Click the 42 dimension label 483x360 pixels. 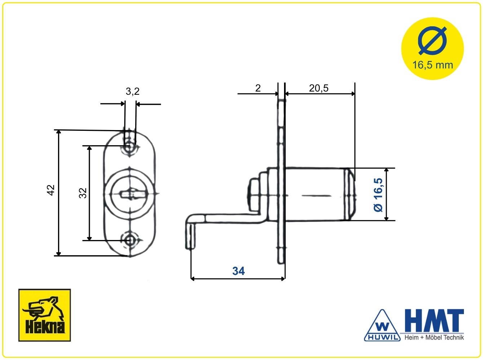point(51,190)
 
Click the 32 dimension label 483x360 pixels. point(83,193)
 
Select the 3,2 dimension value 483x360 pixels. point(133,91)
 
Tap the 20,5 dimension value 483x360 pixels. point(319,88)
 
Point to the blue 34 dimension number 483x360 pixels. point(239,271)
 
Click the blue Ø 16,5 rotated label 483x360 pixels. point(378,195)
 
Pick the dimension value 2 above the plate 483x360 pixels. point(258,88)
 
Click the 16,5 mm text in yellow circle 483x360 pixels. point(433,65)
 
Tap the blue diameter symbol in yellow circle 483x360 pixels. point(433,41)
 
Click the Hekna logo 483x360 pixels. point(44,315)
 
